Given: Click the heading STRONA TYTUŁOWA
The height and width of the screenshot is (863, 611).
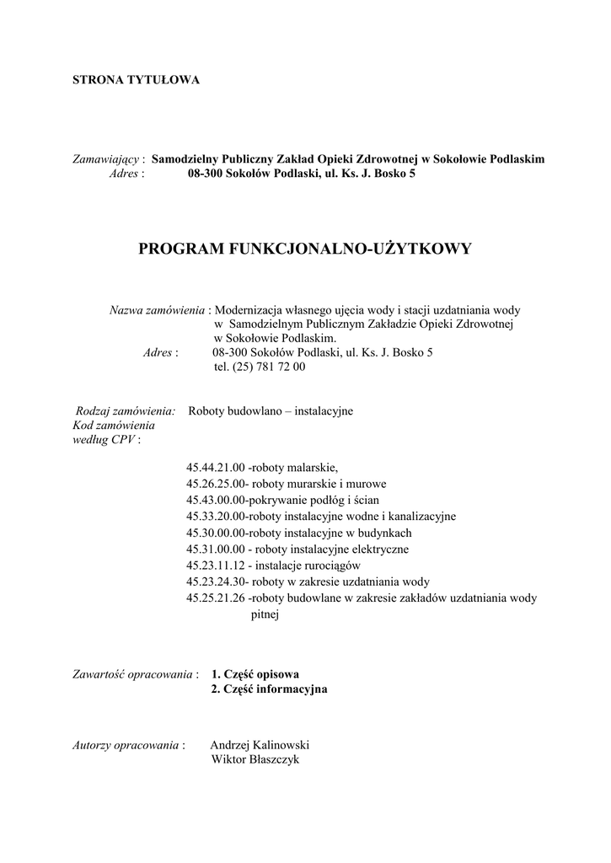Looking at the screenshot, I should pos(136,80).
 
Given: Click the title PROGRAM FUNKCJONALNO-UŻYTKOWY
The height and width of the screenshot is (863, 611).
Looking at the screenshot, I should pos(305,249).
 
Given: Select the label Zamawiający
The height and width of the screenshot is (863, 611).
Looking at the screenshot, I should pos(109,158).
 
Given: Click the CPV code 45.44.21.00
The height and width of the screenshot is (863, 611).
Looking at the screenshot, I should pos(215,468).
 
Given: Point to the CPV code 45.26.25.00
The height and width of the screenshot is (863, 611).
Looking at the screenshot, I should pos(215,484).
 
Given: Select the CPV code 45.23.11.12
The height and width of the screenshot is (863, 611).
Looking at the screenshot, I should pos(215,566).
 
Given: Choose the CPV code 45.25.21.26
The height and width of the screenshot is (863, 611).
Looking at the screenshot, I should pos(215,598).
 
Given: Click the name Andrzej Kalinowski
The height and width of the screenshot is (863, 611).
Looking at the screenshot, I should pos(260,745).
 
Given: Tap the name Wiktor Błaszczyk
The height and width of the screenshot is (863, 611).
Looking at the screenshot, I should pos(255,759).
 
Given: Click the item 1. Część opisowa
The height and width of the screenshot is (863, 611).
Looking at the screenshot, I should pos(255,674).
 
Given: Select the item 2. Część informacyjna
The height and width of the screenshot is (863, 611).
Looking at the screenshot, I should pos(269,689).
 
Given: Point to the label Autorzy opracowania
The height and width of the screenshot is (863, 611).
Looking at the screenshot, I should pos(127,745).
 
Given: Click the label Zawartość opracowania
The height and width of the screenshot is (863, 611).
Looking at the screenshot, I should pos(136,674).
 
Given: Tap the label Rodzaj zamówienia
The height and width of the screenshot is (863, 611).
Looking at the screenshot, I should pos(126,411).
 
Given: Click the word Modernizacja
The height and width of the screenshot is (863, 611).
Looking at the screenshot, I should pos(249,310).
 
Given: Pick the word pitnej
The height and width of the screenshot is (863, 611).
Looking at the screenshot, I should pos(265,614).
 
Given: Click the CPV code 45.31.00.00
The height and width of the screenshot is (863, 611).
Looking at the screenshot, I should pos(215,549).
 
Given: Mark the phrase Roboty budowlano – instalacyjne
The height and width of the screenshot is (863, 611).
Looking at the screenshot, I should pos(271,411).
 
